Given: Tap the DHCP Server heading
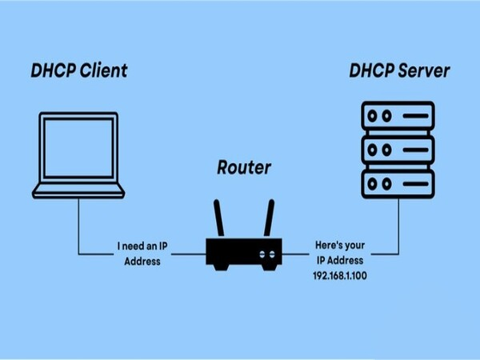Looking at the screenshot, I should pos(399,71).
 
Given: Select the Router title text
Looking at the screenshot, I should pos(245,168).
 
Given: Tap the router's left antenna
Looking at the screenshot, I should pos(218,218).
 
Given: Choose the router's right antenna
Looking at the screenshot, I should pos(270,218).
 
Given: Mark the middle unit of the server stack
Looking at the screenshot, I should pos(399,149).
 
